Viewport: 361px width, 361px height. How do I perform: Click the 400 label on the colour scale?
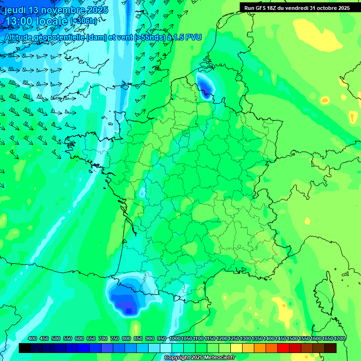[32, 338]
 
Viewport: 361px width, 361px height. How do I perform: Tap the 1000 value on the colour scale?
[175, 338]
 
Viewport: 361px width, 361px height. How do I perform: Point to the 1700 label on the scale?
[339, 338]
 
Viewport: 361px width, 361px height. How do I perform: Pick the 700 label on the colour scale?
[102, 338]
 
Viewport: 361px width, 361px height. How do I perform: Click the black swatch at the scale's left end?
[25, 348]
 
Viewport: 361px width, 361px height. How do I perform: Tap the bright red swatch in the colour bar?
[283, 348]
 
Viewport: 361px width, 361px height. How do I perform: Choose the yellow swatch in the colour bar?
[236, 348]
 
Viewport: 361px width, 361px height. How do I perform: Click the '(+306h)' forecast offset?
[84, 21]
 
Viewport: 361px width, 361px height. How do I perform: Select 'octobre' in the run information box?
[329, 8]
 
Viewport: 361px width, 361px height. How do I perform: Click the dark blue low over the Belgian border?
[205, 86]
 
